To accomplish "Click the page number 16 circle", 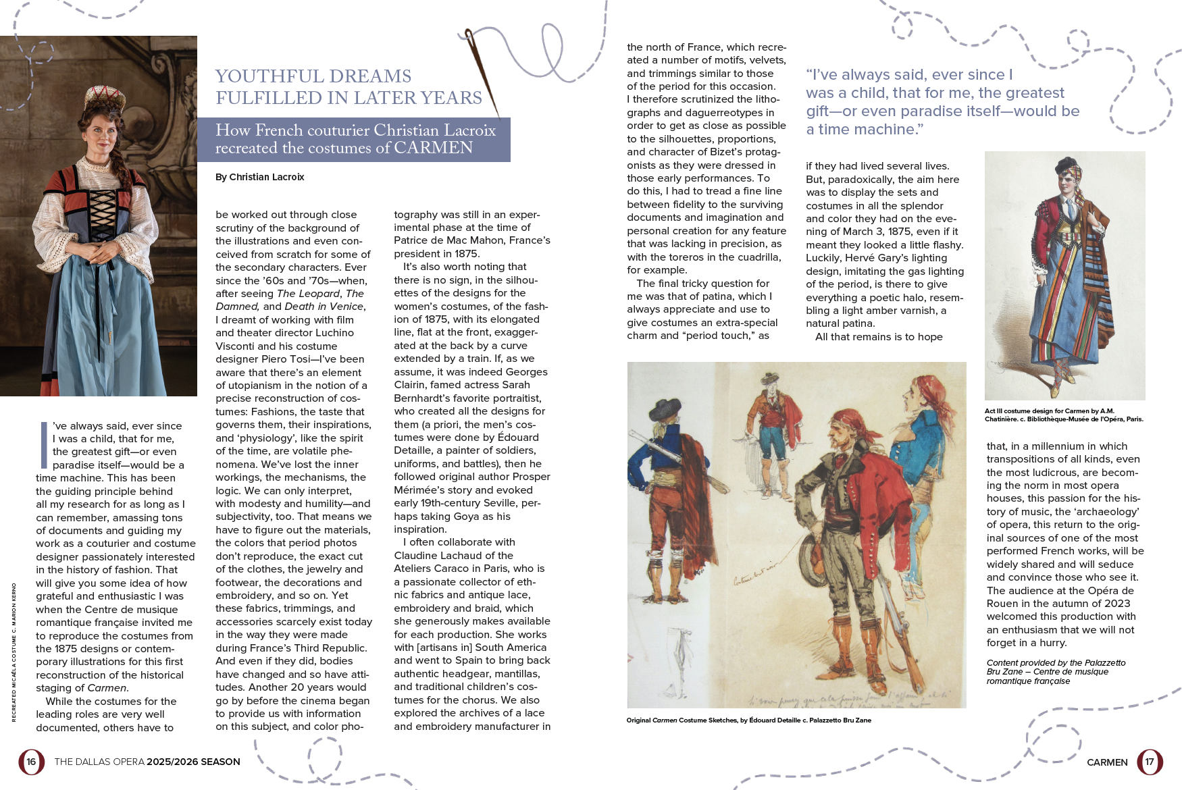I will (x=31, y=762).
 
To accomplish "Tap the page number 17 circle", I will (x=1150, y=762).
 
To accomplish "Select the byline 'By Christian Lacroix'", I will (x=260, y=177).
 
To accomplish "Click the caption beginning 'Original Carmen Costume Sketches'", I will (x=748, y=720).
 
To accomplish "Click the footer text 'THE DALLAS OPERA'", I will (x=99, y=762).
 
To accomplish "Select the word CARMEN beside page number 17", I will (x=1107, y=762).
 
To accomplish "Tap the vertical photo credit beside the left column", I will (x=14, y=652).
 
